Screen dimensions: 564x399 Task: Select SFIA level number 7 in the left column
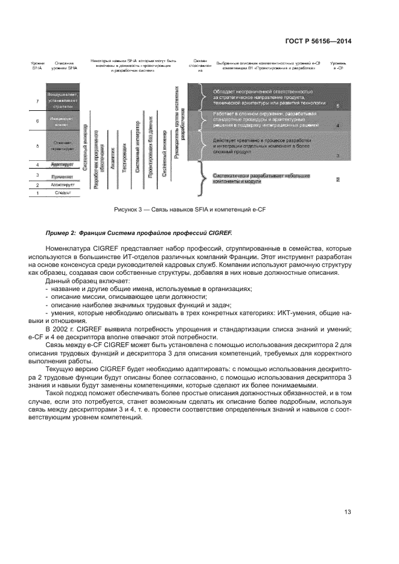point(37,101)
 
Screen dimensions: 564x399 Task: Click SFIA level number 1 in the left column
point(37,193)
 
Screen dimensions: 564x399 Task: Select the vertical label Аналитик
point(113,160)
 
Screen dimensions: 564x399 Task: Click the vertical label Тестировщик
point(125,158)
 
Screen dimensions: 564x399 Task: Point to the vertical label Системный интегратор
point(138,147)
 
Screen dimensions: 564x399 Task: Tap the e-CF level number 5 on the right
point(337,106)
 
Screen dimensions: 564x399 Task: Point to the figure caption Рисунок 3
point(199,209)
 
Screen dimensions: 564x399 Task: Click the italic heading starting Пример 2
point(138,233)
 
